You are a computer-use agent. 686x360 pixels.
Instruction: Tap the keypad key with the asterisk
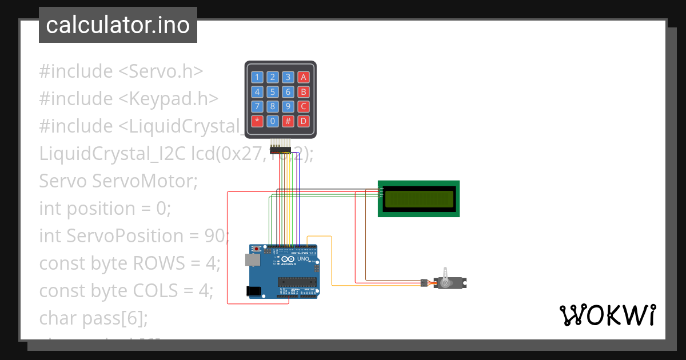258,121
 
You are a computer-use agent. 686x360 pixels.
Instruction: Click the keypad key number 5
273,92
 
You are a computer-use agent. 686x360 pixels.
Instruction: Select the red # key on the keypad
289,121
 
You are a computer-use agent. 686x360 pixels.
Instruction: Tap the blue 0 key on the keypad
273,121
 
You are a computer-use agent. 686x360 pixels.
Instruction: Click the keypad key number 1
258,77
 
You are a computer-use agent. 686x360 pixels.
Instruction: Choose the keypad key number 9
289,106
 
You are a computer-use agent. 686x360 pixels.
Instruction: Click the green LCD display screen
419,199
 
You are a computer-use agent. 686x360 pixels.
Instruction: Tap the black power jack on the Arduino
253,291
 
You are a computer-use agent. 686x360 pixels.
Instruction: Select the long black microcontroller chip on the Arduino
297,281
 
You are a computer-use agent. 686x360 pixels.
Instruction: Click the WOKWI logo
607,315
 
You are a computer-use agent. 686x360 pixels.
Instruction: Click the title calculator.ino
118,25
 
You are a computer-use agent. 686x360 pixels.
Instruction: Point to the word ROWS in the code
158,263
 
